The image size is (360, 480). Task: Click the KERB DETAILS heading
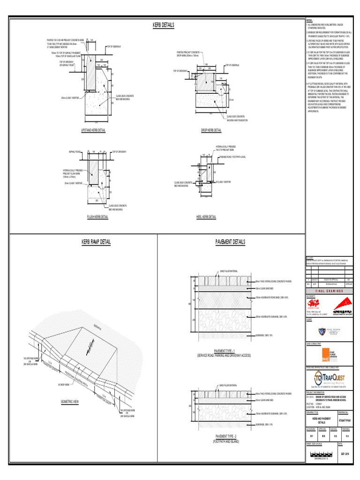(x=164, y=24)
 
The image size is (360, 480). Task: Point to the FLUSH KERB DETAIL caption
(x=97, y=217)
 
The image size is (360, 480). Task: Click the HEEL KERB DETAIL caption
(x=206, y=217)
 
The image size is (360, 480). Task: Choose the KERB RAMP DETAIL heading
(x=96, y=242)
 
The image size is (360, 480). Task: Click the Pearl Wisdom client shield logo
(x=321, y=330)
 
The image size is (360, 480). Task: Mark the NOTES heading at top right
(x=309, y=21)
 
